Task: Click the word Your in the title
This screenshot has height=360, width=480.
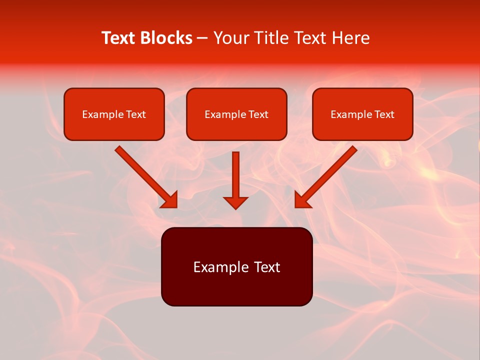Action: pos(232,38)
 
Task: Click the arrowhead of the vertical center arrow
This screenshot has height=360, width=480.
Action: pos(235,202)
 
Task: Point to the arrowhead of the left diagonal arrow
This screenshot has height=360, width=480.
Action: pos(170,200)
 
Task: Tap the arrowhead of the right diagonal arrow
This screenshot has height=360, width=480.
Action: pos(302,200)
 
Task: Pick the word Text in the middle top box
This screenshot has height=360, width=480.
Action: pos(258,114)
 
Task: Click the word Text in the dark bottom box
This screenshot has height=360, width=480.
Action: pos(267,267)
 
